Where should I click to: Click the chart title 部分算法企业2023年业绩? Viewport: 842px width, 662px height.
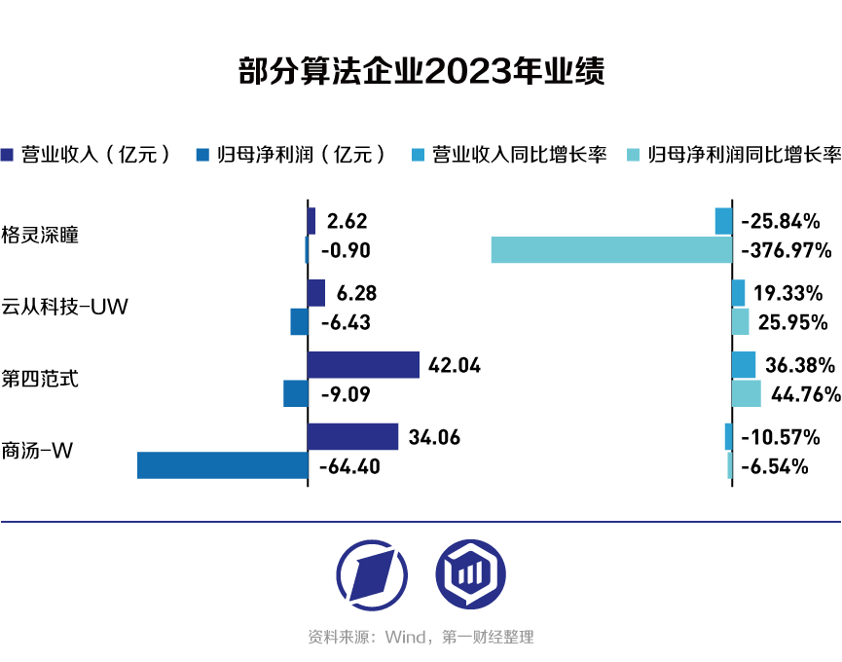[x=421, y=73]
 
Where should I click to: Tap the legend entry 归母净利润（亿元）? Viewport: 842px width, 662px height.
[x=291, y=154]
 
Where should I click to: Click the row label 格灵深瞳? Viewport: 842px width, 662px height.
[x=40, y=236]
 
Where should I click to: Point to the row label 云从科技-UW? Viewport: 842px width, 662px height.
[x=64, y=308]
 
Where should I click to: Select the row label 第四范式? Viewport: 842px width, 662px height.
[x=40, y=379]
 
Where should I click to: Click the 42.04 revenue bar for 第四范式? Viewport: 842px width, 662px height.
[x=363, y=365]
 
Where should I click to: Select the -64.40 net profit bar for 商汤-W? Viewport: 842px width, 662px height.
[x=222, y=465]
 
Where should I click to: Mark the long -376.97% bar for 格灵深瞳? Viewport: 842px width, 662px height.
[x=611, y=250]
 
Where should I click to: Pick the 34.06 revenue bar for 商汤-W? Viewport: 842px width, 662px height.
[x=352, y=437]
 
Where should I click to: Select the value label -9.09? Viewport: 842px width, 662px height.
[x=345, y=394]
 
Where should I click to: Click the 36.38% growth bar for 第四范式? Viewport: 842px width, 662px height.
[x=744, y=365]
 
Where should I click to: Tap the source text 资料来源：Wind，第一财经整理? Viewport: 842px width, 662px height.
[x=421, y=638]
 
